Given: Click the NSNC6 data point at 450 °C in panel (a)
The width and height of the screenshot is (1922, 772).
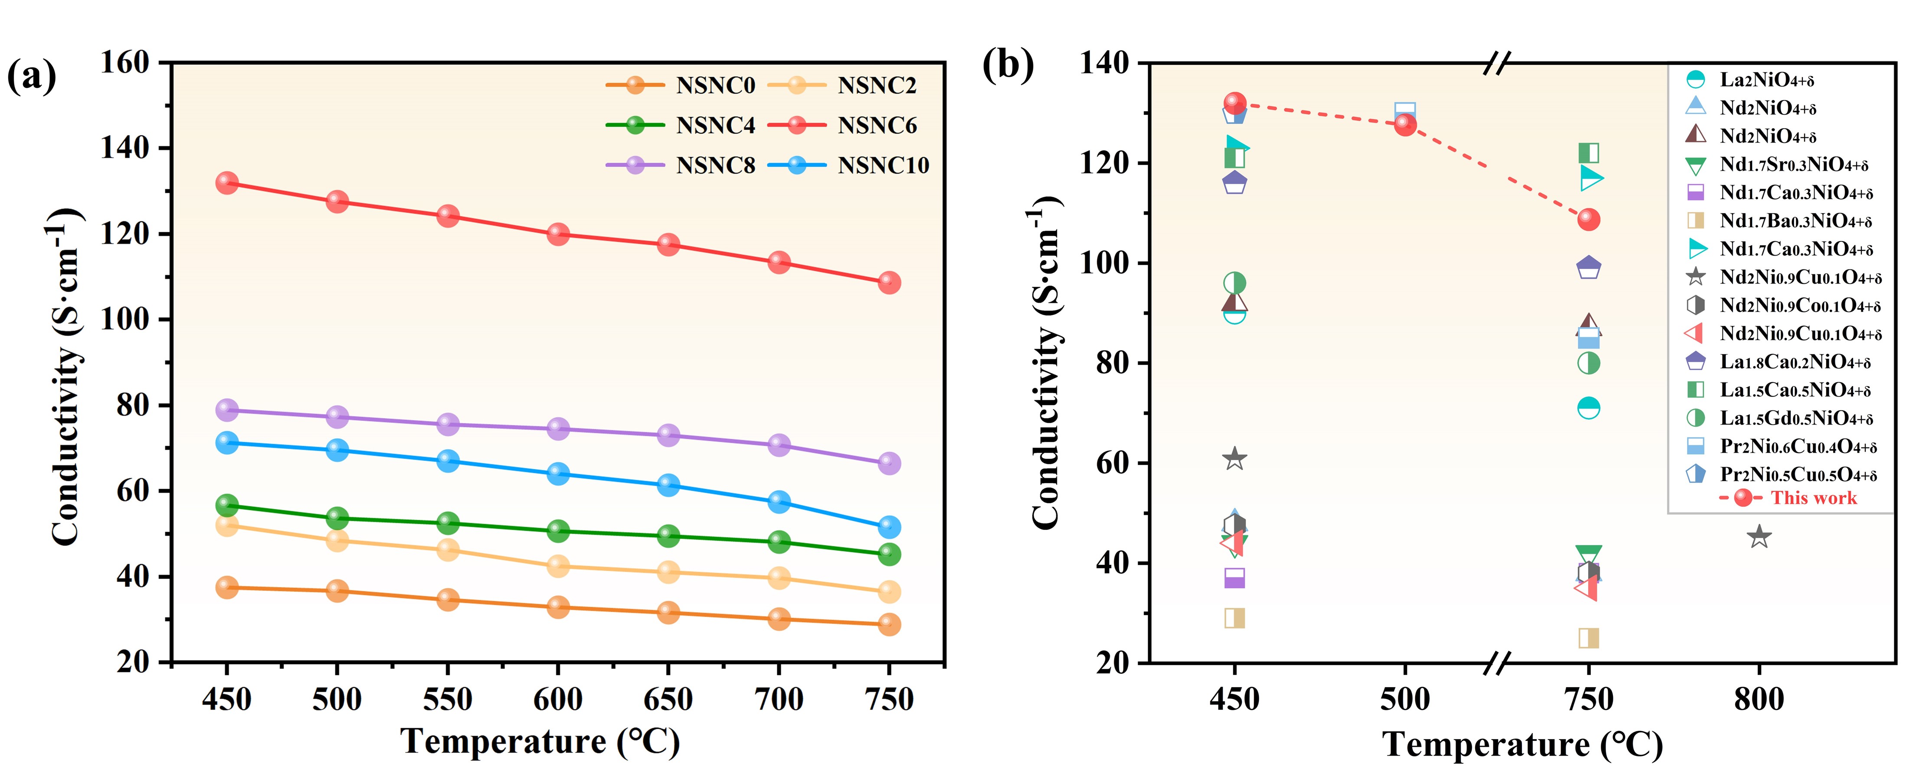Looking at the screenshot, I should (227, 183).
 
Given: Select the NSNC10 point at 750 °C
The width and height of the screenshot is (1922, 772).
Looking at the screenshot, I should (889, 527).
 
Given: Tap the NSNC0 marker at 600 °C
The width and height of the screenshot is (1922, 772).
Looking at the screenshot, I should (558, 607).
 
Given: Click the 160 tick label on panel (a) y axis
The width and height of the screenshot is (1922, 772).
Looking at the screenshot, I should (125, 63).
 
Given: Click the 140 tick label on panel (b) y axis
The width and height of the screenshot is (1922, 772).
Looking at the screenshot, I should (1104, 63).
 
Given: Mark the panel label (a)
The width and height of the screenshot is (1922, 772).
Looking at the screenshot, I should (31, 76).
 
